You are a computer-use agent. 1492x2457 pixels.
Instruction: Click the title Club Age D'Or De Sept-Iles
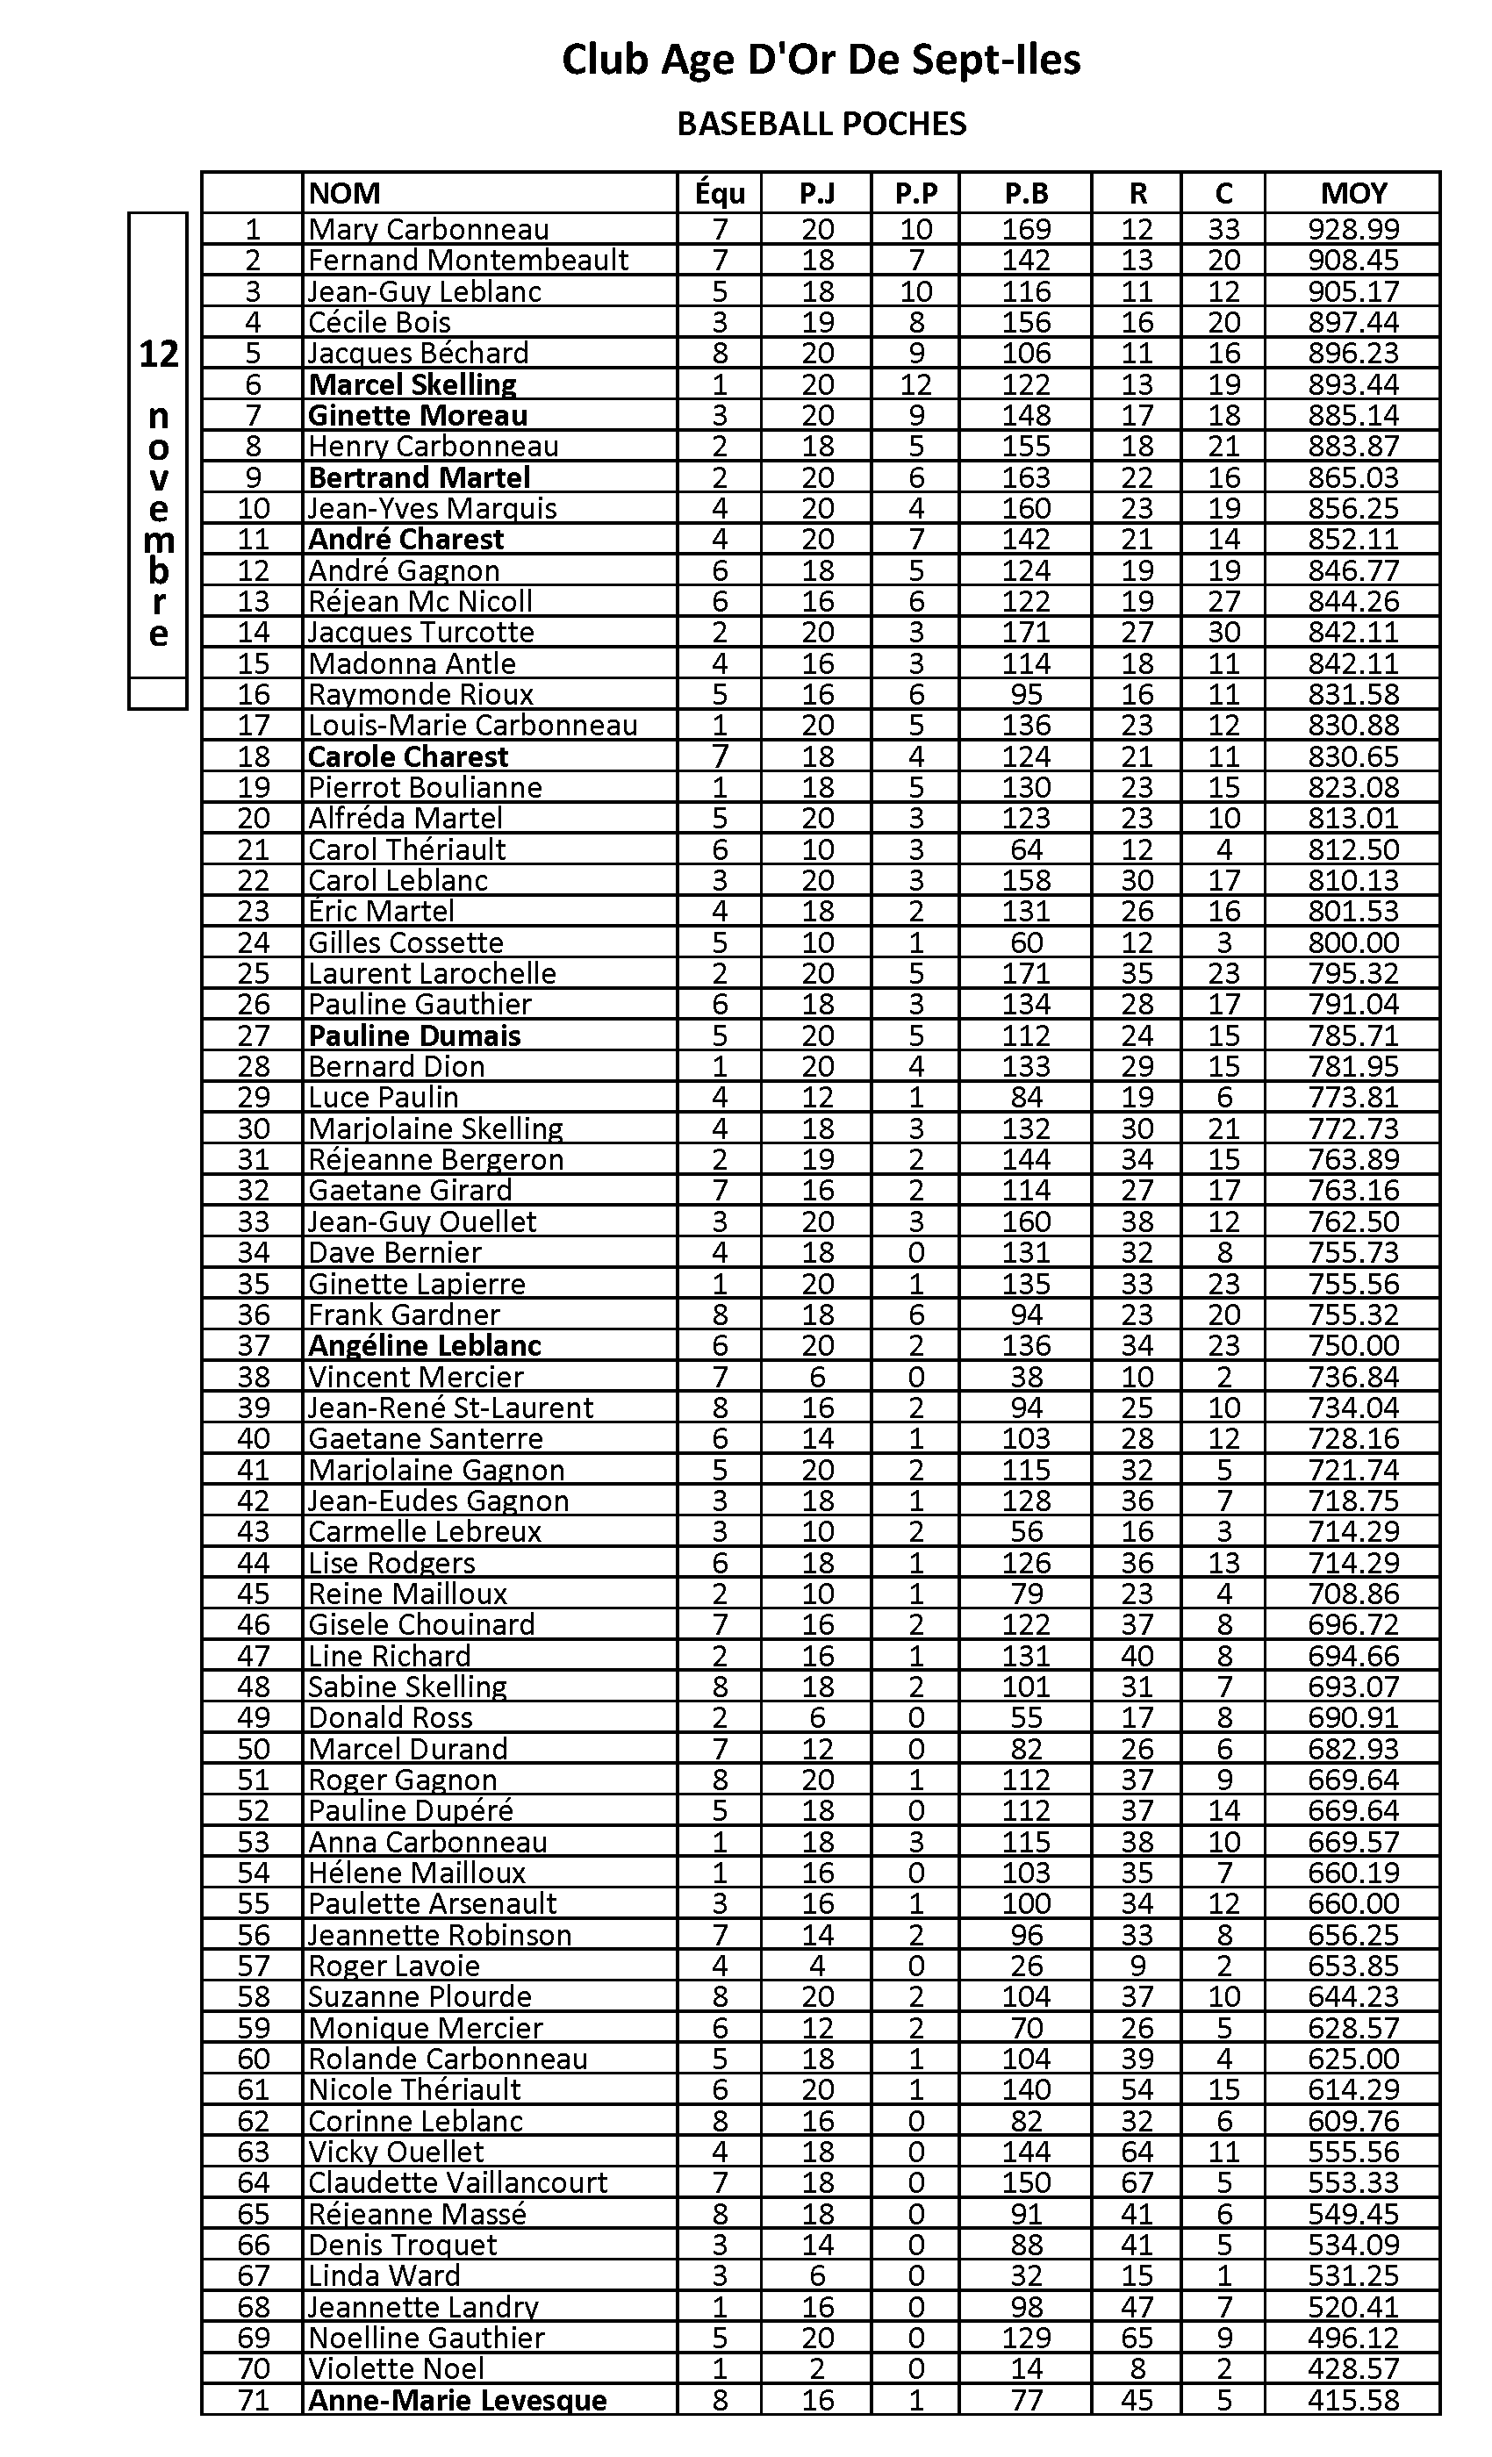[x=821, y=60]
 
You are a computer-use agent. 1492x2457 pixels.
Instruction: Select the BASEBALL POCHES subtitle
[x=821, y=124]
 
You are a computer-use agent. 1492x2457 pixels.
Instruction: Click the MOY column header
[x=1352, y=192]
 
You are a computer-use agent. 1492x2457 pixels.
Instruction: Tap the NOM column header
[x=344, y=192]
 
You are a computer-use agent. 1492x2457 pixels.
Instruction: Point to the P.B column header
[x=1025, y=192]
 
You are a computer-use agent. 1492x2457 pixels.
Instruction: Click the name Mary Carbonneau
[x=428, y=229]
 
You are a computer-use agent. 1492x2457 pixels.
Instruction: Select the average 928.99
[x=1352, y=229]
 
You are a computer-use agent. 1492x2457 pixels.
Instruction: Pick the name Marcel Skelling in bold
[x=412, y=384]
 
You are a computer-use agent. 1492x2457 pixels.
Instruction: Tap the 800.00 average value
[x=1352, y=942]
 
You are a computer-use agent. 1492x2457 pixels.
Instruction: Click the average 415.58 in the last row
[x=1352, y=2400]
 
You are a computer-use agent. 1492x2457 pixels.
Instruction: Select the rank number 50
[x=254, y=1749]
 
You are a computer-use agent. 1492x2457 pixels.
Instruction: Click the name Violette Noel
[x=396, y=2368]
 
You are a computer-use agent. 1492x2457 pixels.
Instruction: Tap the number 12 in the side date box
[x=158, y=354]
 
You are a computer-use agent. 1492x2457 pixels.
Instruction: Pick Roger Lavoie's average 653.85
[x=1352, y=1966]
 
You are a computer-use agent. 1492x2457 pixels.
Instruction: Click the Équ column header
[x=719, y=192]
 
